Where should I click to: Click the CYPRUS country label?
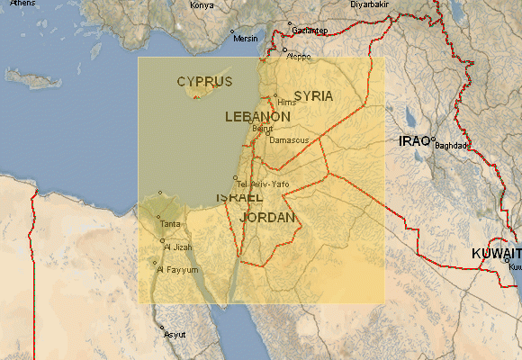[204, 81]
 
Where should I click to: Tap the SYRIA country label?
[313, 95]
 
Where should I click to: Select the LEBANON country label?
[257, 117]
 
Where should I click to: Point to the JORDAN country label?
[268, 218]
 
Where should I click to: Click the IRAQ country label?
[415, 141]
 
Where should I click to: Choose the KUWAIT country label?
[496, 255]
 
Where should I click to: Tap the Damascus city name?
[289, 140]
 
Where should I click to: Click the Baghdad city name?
[453, 145]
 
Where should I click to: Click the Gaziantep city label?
[310, 30]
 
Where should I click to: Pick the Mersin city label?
[246, 39]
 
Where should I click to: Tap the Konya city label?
[202, 5]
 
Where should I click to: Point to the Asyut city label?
[175, 334]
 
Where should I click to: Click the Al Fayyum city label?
[176, 269]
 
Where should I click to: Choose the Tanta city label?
[169, 223]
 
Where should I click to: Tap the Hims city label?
[287, 102]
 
